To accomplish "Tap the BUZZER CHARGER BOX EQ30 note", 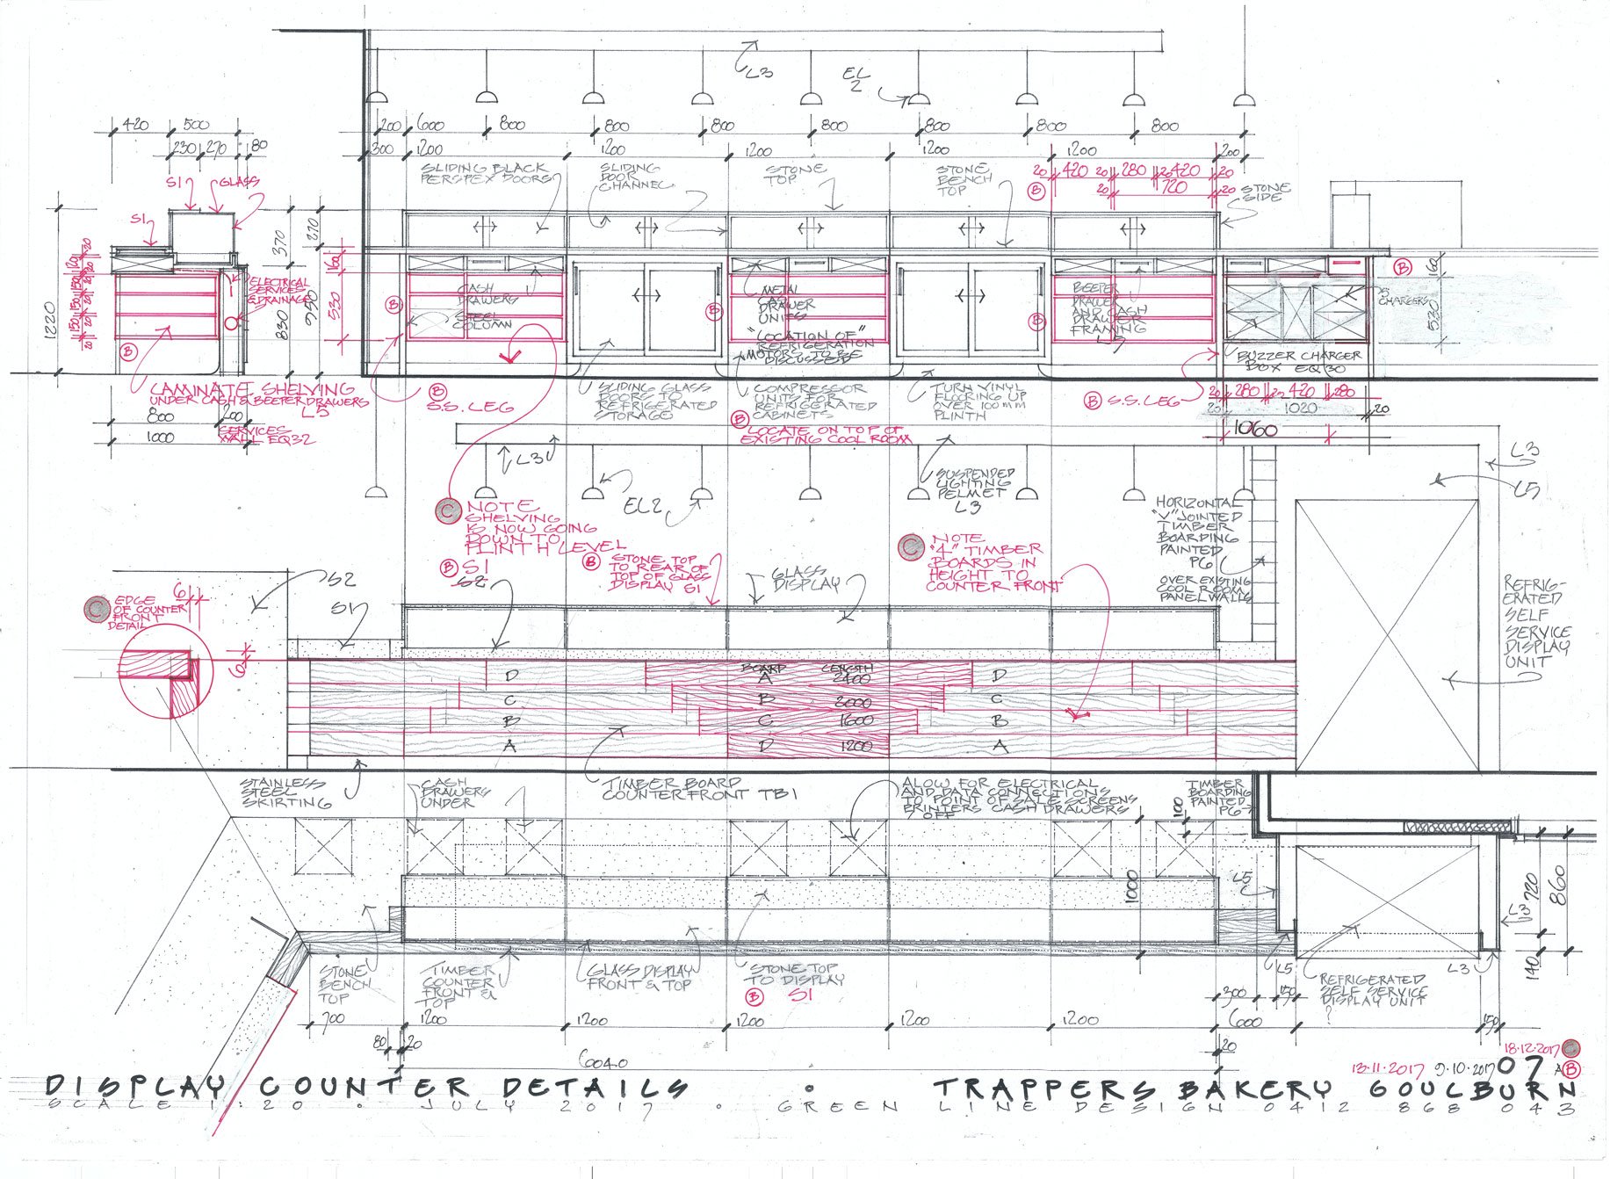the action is pyautogui.click(x=1298, y=361).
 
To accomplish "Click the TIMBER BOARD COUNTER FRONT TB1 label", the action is pyautogui.click(x=699, y=788).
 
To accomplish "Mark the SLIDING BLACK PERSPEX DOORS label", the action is pyautogui.click(x=484, y=172).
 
